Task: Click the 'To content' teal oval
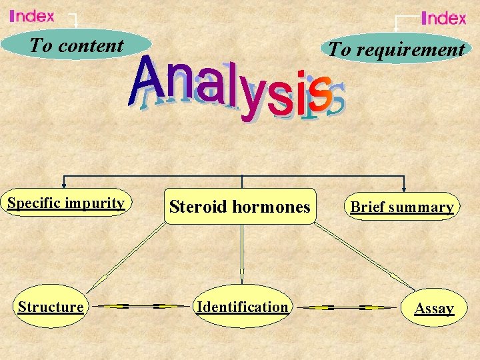(76, 45)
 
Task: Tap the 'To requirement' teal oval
(396, 49)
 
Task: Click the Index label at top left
(32, 16)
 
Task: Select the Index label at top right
(444, 18)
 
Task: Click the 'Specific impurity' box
(66, 203)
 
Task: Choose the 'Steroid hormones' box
(240, 207)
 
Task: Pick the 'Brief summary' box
(403, 207)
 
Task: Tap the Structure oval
(51, 307)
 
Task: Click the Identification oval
(242, 307)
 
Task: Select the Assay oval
(434, 308)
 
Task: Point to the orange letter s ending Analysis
(321, 93)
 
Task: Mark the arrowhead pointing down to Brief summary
(403, 187)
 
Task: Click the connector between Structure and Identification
(140, 307)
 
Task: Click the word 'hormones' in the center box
(275, 207)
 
